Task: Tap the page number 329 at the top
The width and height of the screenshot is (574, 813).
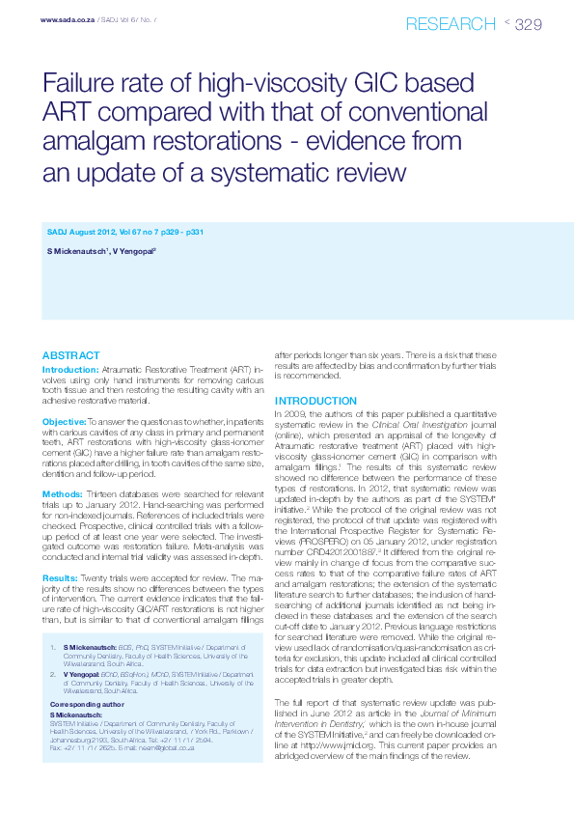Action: click(529, 23)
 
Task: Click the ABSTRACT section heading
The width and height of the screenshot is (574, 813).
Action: click(70, 355)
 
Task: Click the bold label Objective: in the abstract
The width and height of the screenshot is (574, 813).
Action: click(64, 422)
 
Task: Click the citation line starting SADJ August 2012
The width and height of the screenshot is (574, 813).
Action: click(124, 233)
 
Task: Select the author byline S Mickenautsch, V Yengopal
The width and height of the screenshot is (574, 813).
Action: click(101, 251)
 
